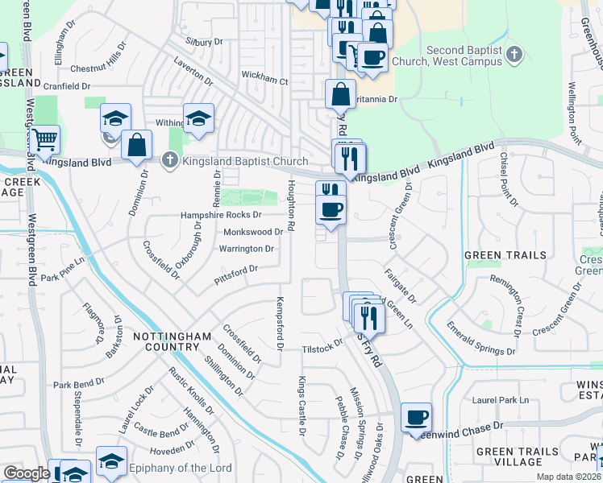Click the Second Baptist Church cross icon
pyautogui.click(x=516, y=55)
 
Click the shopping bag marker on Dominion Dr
pyautogui.click(x=137, y=145)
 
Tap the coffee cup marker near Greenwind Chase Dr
pyautogui.click(x=416, y=417)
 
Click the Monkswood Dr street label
pyautogui.click(x=252, y=232)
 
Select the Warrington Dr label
pyautogui.click(x=247, y=249)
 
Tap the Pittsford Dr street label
pyautogui.click(x=235, y=275)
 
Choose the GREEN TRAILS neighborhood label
pyautogui.click(x=505, y=255)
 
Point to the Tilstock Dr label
pyautogui.click(x=322, y=348)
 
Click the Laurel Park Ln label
pyautogui.click(x=500, y=399)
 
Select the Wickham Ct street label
pyautogui.click(x=264, y=80)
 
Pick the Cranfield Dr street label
pyautogui.click(x=67, y=85)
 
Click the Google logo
pyautogui.click(x=27, y=473)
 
